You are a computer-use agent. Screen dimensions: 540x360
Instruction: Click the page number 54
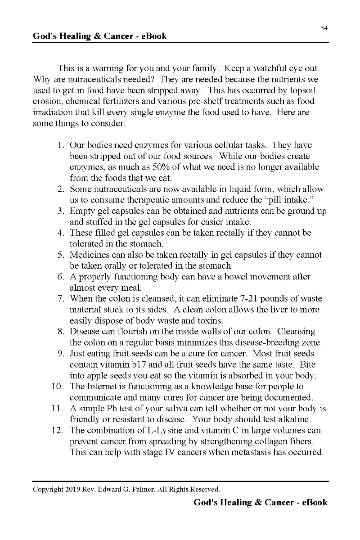point(324,28)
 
